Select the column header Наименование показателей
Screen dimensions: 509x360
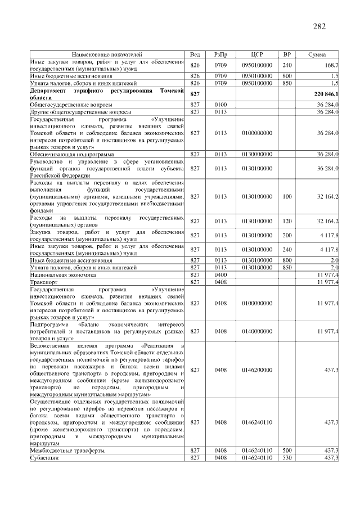[x=107, y=54]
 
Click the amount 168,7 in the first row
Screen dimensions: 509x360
[x=330, y=65]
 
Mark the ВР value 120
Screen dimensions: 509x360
[x=287, y=220]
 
